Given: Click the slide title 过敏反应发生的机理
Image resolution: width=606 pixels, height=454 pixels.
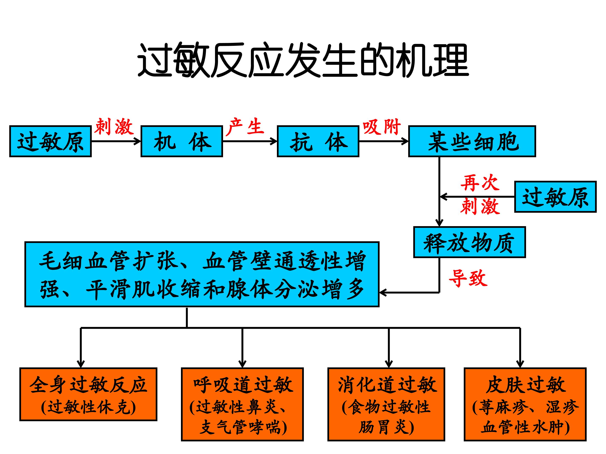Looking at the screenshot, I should (303, 60).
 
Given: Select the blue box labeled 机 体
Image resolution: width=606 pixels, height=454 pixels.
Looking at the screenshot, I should (182, 141).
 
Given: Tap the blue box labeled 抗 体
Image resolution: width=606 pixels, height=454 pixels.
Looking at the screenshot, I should (318, 141).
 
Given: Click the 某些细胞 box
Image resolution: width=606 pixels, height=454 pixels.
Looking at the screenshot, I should (472, 141).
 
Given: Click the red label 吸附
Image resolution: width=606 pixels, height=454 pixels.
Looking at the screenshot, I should (382, 127).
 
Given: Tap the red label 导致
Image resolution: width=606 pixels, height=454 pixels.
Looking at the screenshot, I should (468, 278).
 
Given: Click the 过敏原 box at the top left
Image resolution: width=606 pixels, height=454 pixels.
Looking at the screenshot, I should (50, 141).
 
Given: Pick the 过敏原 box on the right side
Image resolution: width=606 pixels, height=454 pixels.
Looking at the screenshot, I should (555, 197).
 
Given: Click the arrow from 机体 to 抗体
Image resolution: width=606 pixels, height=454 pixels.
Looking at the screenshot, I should (250, 141).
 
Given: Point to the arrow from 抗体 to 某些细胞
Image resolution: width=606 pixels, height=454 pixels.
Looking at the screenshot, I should (384, 141).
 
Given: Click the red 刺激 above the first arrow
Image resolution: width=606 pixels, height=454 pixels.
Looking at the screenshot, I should (114, 127).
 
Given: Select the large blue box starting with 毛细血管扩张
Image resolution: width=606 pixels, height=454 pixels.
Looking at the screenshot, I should (202, 274).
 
